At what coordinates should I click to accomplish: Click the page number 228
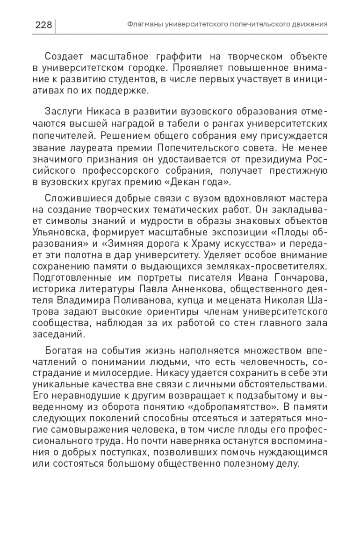(x=43, y=24)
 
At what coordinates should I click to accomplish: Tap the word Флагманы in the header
(x=143, y=24)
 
